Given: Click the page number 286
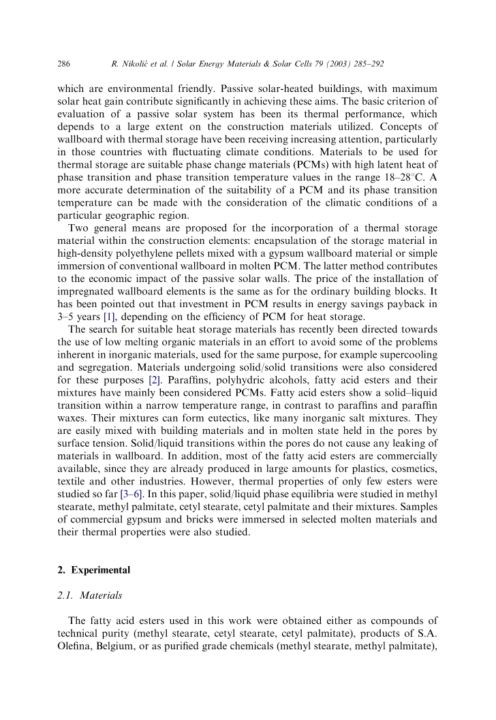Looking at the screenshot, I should [x=63, y=64].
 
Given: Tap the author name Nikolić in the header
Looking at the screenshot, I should [x=138, y=64].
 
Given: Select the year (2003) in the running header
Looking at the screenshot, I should [x=335, y=64].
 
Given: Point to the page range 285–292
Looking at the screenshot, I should [x=368, y=64].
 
